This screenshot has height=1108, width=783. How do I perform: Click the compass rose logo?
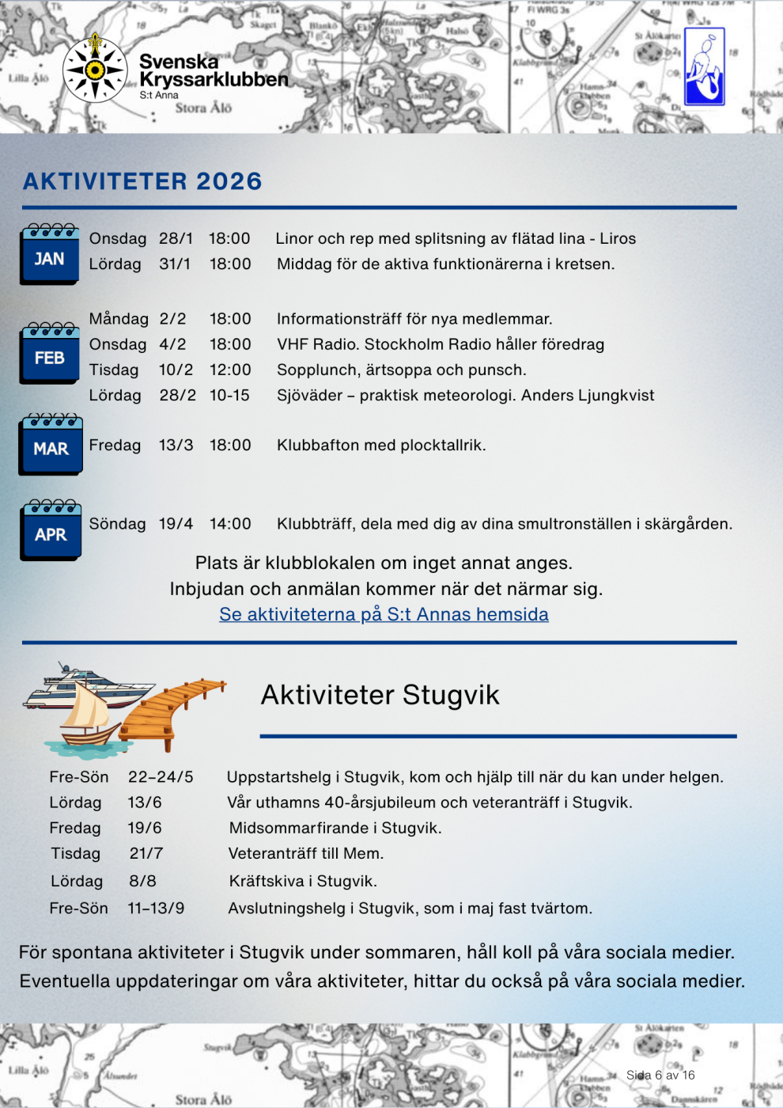point(95,69)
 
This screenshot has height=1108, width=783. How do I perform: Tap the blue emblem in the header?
point(704,67)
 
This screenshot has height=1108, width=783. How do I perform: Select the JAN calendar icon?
point(50,254)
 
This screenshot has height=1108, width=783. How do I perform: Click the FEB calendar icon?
point(50,353)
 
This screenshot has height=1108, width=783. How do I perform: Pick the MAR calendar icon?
point(51,444)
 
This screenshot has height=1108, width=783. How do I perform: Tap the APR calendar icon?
point(51,530)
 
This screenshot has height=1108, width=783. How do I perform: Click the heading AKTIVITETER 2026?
point(142,181)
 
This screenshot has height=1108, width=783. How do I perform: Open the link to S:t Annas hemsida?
point(384,614)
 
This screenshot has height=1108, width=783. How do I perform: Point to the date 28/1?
point(176,238)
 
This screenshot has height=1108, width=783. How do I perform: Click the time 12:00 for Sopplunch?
point(230,370)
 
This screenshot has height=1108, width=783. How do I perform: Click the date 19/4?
point(176,524)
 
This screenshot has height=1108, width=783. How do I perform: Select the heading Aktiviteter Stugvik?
point(380,695)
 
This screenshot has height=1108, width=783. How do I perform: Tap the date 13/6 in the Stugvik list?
point(145,803)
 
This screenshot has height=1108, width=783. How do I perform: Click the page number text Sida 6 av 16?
point(660,1075)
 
